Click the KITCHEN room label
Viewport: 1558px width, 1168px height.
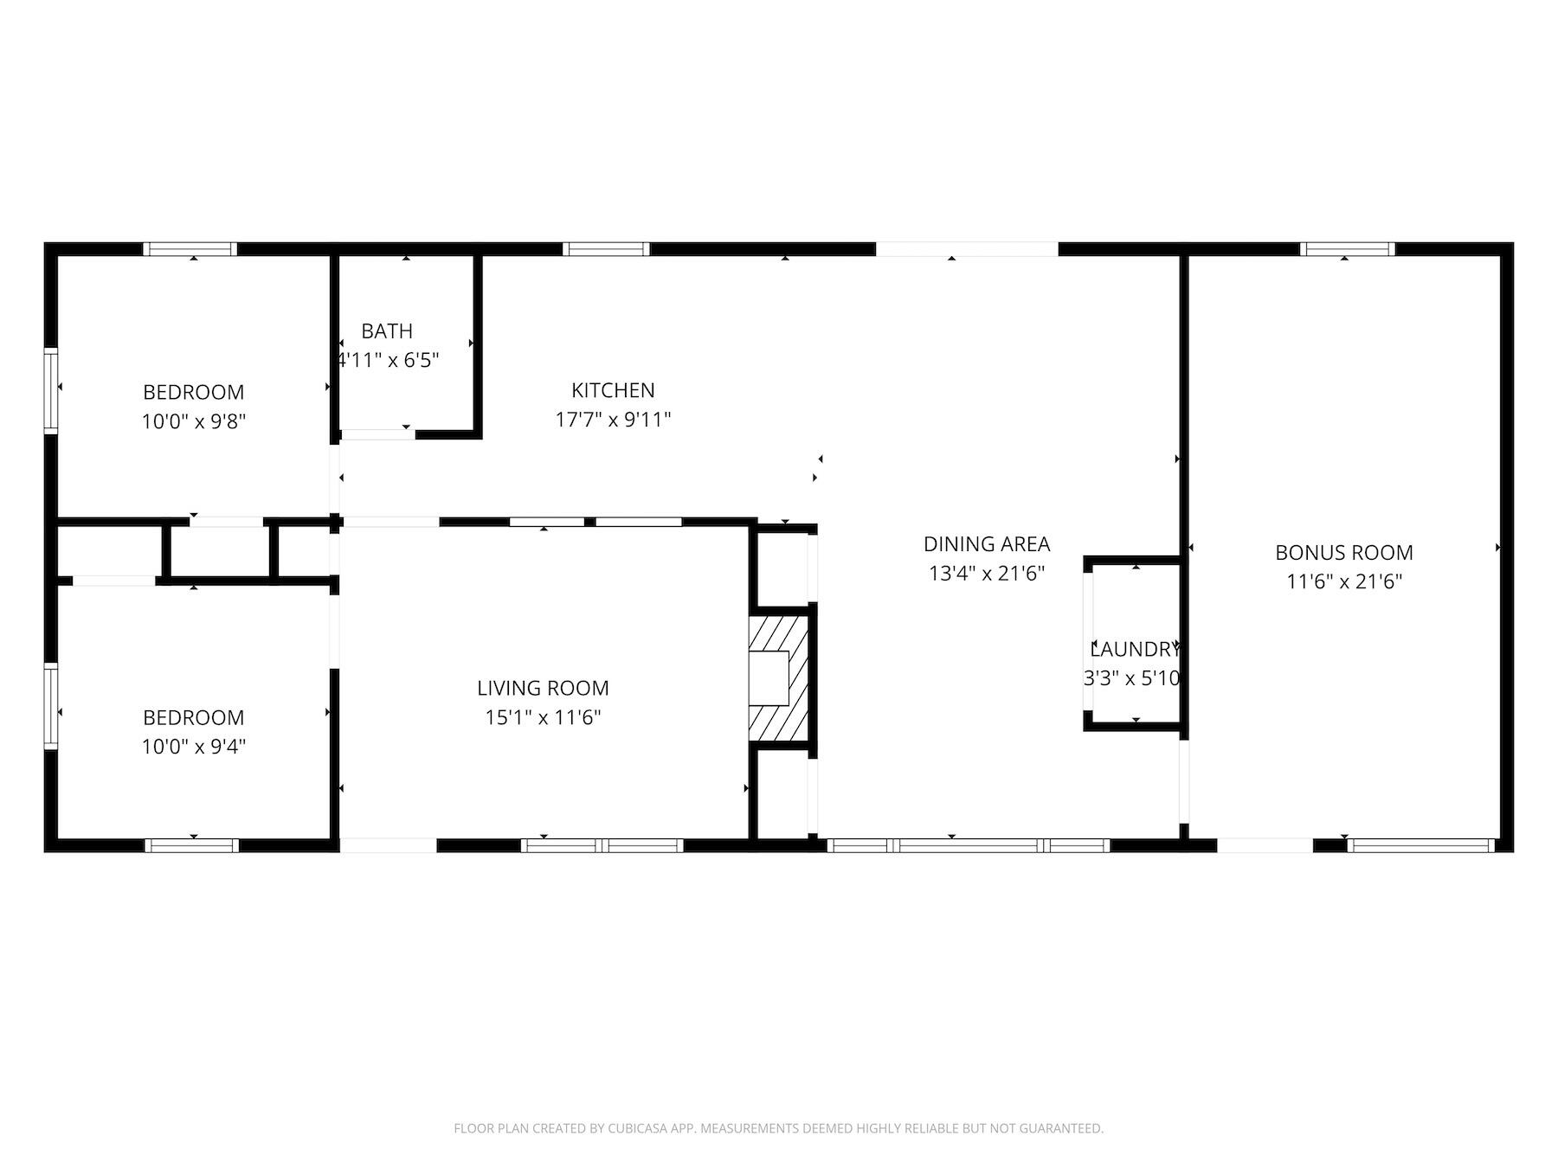click(x=613, y=390)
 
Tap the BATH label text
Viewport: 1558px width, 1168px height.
click(x=387, y=331)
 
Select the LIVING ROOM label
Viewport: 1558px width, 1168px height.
click(x=543, y=688)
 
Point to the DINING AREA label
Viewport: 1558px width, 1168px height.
click(x=986, y=544)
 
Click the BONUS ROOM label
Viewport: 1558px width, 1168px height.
click(x=1343, y=552)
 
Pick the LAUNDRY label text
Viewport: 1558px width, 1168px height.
click(x=1134, y=650)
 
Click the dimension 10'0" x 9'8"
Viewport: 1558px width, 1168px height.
click(x=194, y=422)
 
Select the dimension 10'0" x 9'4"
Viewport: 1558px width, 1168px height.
click(x=194, y=746)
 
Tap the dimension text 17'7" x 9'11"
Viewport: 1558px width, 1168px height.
click(x=613, y=420)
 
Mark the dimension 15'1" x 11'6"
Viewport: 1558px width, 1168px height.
click(x=543, y=717)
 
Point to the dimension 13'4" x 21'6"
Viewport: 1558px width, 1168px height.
click(x=986, y=573)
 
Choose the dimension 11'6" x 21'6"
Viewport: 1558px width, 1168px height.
click(x=1343, y=581)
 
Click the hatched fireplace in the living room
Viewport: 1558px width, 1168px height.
click(x=780, y=679)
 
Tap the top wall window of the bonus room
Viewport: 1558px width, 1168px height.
click(x=1347, y=249)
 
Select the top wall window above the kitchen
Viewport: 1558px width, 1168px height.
click(x=606, y=249)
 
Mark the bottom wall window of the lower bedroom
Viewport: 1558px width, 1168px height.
click(x=191, y=845)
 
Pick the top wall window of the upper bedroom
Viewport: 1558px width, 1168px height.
click(x=190, y=249)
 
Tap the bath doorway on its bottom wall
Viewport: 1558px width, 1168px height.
click(x=377, y=434)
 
